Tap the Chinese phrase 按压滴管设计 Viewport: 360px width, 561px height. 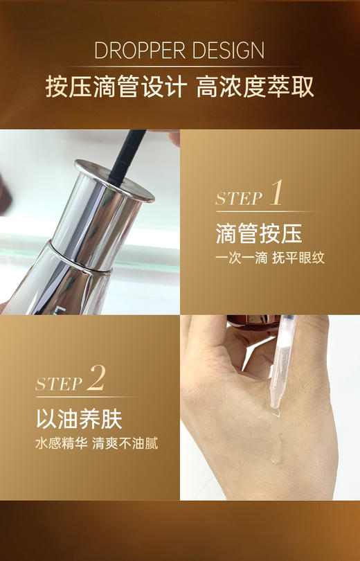click(115, 87)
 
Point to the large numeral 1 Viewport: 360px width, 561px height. click(276, 193)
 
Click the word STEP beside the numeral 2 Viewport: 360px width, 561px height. click(59, 384)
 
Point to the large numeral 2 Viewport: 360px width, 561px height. click(97, 379)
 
